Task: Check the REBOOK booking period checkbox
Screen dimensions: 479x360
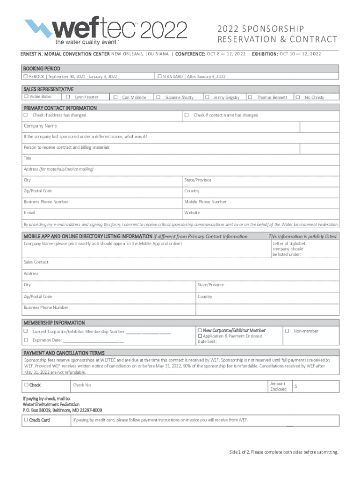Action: (26, 76)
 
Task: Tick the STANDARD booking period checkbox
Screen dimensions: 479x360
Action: (159, 76)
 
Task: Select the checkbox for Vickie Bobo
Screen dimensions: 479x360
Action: (26, 96)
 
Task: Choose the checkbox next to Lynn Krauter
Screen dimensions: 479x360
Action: (68, 97)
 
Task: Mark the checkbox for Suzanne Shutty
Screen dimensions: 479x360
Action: (158, 97)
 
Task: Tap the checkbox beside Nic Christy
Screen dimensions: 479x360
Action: (297, 97)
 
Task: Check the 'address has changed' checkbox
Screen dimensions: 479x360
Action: (26, 115)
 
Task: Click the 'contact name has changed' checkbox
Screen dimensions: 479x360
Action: (186, 115)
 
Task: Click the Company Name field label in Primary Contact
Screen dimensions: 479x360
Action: (40, 126)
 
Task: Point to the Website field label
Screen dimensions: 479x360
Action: (192, 213)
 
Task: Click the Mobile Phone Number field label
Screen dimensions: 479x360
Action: (205, 202)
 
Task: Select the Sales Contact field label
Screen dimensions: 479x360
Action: (36, 262)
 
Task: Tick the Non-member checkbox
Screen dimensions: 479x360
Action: (288, 331)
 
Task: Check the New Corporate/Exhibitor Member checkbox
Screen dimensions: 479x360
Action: (200, 331)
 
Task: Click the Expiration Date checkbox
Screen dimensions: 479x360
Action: (26, 340)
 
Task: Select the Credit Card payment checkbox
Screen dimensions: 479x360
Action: (26, 420)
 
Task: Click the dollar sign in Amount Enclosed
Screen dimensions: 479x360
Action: (295, 387)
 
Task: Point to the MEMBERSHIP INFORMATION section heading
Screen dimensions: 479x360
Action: (54, 323)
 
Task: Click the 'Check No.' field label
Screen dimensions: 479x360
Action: (82, 385)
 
